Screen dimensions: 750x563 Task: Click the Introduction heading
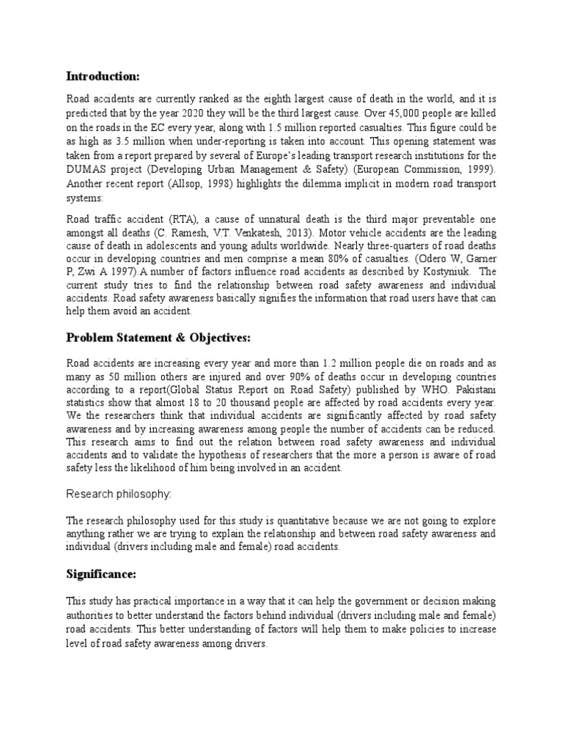click(x=103, y=76)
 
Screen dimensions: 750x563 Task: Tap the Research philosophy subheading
click(x=119, y=494)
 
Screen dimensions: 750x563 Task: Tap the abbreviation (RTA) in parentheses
click(x=185, y=220)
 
